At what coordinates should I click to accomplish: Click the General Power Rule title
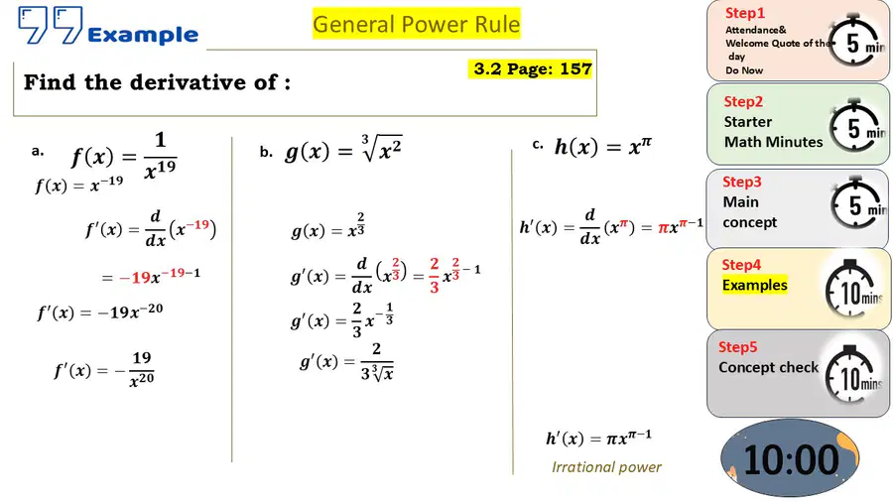pos(417,24)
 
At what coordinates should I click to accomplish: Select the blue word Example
pos(143,36)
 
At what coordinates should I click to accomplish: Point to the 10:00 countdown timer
pos(791,458)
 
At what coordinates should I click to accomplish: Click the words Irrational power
pos(606,467)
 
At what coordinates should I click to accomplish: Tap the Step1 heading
pos(744,13)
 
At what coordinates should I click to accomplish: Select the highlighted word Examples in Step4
pos(755,285)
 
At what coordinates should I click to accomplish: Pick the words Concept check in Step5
pos(768,368)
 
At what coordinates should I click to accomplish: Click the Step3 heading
pos(741,183)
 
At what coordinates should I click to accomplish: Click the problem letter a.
pos(38,152)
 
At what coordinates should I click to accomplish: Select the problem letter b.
pos(266,152)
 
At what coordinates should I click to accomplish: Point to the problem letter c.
pos(538,145)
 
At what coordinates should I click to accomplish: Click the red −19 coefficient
pos(134,278)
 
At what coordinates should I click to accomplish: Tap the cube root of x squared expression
pos(381,148)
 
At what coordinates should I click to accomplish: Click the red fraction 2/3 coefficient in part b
pos(434,276)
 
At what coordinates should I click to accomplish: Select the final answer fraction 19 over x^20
pos(141,369)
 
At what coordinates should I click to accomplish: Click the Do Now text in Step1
pos(744,70)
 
